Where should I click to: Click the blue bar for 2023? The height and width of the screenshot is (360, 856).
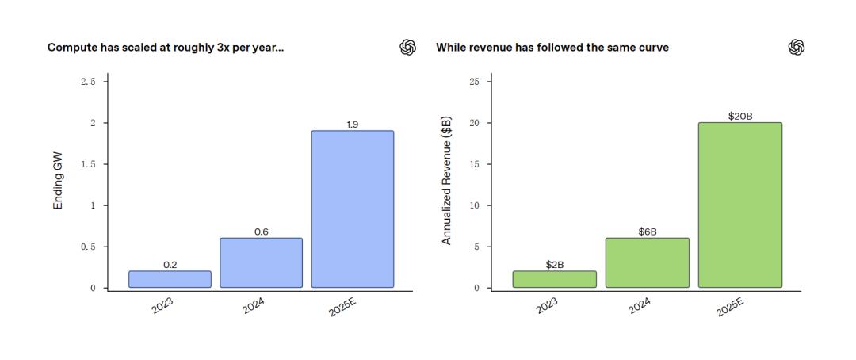[170, 279]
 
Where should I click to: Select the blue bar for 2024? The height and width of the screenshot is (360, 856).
[261, 262]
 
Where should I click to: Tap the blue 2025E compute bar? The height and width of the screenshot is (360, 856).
[352, 209]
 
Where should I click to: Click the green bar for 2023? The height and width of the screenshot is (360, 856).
[555, 279]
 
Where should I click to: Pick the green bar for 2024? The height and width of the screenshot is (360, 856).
[647, 262]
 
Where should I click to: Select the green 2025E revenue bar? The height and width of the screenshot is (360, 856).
[739, 205]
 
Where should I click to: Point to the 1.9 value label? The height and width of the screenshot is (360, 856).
[353, 124]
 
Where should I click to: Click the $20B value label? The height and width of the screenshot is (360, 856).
[739, 117]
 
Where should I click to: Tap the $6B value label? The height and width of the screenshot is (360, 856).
[648, 232]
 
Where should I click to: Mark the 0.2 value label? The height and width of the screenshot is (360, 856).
[170, 265]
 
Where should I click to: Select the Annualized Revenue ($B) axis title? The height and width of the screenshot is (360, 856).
[447, 181]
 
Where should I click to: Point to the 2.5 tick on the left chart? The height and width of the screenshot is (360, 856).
[89, 82]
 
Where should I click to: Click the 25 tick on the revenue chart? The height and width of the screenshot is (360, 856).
[475, 82]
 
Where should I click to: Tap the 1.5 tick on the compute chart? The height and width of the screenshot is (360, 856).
[89, 164]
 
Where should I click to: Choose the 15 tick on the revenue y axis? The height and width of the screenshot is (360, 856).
[475, 164]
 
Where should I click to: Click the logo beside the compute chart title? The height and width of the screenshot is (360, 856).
[407, 48]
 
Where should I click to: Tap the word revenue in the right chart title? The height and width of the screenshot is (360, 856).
[490, 48]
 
